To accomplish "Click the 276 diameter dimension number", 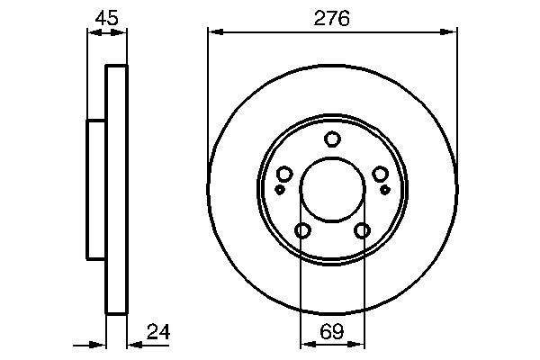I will coord(332,18).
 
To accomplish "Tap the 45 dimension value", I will coord(107,18).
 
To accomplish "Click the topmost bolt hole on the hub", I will coord(332,139).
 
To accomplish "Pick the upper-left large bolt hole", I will coord(284,175).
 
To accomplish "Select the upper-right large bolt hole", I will coord(380,175).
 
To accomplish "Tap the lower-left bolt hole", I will coord(302,231).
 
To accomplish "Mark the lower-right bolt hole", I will coord(362,231).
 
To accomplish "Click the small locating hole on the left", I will coord(280,190).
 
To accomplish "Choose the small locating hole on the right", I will coord(384,190).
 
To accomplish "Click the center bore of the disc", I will coord(332,190).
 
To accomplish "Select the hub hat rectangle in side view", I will coord(97,190).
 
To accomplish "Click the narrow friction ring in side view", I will coord(117,190).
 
